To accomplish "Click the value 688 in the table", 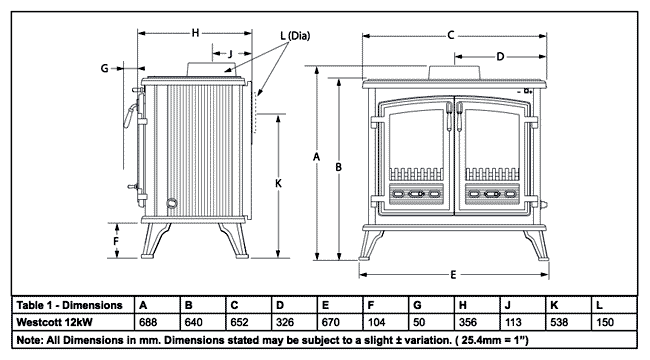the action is [x=148, y=322].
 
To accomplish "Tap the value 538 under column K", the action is [x=559, y=322].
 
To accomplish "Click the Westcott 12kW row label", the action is [x=54, y=322].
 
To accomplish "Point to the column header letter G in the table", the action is [x=417, y=305].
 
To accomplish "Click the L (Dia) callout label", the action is [x=295, y=36].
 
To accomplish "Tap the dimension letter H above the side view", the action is [x=195, y=33].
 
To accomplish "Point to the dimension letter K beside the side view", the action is [x=278, y=183].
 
